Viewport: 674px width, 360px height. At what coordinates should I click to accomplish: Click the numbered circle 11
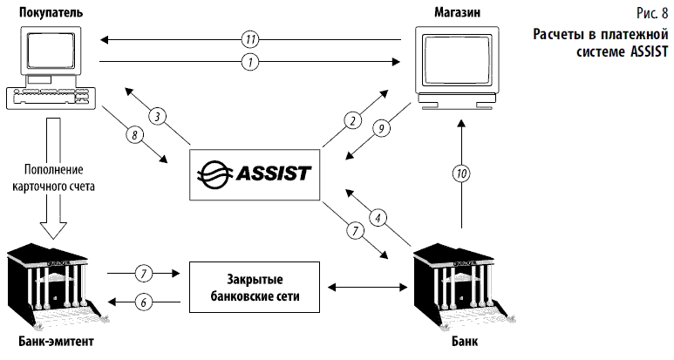click(249, 39)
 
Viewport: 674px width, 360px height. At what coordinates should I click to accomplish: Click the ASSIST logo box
click(253, 170)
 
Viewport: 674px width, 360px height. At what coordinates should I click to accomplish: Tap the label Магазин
click(456, 11)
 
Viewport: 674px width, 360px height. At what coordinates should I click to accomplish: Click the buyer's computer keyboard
click(49, 95)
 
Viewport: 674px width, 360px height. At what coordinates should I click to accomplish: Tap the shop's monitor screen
click(456, 64)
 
